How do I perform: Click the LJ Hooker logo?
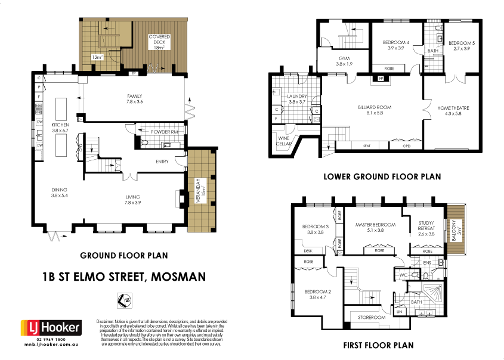coord(47,328)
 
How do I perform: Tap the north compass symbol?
coord(125,301)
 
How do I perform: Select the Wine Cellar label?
coord(284,141)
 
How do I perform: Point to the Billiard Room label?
coord(374,110)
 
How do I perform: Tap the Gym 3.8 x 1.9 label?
coord(344,60)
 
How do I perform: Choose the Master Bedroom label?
coord(375,228)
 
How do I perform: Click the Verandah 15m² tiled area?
coord(202,191)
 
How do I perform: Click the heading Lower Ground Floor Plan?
coord(382,176)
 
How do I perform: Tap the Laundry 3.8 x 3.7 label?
coord(296,99)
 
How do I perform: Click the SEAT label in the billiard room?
coord(367,145)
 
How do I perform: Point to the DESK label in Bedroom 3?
coord(307,251)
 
